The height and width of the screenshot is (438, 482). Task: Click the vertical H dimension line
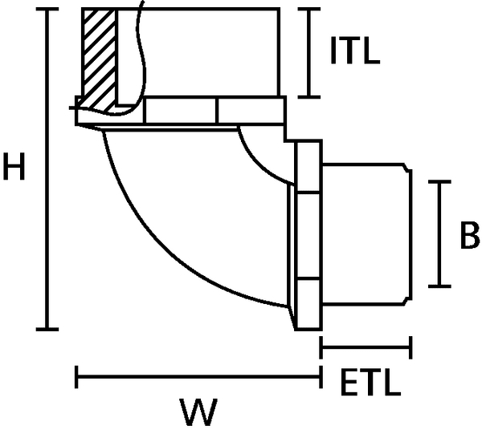point(48,169)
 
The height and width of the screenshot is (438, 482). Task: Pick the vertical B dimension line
point(439,233)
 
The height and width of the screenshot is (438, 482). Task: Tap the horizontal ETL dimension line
point(366,347)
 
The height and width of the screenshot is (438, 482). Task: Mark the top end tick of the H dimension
point(48,10)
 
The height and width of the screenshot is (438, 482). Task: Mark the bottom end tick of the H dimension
point(48,329)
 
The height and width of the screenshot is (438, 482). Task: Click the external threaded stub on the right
point(366,233)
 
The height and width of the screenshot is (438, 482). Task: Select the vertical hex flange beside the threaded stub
point(308,235)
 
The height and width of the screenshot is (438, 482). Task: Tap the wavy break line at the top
point(142,48)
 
